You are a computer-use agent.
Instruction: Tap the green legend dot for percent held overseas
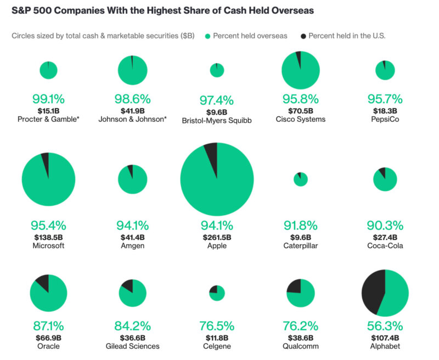click(x=207, y=36)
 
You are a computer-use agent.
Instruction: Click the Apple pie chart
click(x=217, y=179)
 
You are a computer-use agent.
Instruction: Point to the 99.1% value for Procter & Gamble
click(x=48, y=99)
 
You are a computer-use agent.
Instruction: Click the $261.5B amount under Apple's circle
click(x=217, y=237)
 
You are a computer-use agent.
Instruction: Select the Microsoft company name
click(x=48, y=246)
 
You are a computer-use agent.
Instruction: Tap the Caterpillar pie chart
click(x=301, y=179)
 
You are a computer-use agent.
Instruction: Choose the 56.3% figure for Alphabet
click(x=385, y=325)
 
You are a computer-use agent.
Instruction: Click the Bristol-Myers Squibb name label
click(x=217, y=120)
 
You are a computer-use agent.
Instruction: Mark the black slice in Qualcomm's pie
click(x=294, y=286)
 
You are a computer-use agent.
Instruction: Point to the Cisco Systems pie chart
click(x=301, y=70)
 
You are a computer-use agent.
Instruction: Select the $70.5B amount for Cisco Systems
click(x=301, y=110)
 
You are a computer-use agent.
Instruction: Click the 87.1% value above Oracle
click(x=48, y=325)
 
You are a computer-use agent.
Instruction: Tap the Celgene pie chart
click(x=217, y=293)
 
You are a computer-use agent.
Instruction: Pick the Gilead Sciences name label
click(x=133, y=346)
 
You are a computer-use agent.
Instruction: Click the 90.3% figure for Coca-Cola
click(x=385, y=226)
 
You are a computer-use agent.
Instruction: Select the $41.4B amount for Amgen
click(x=133, y=237)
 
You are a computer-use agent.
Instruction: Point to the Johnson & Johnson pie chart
click(x=133, y=70)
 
